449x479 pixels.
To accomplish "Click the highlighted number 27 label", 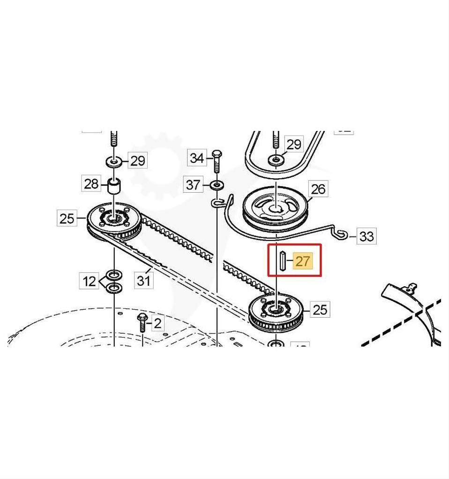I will click(x=303, y=261).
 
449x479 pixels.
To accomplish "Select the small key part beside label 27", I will click(x=283, y=261).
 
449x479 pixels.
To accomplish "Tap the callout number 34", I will click(x=197, y=158).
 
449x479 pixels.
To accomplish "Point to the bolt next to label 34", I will click(x=216, y=161).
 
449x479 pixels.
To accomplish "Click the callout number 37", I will click(x=193, y=185).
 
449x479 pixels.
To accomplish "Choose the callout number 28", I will click(x=91, y=183).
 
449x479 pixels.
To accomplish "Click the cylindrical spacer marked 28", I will click(x=114, y=186).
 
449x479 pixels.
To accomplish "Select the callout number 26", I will click(x=318, y=189).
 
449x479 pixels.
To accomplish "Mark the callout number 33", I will click(x=366, y=236).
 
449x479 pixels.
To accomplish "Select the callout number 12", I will click(x=89, y=282).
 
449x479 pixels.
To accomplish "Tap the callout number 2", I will click(x=157, y=323).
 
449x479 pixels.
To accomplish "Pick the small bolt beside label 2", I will click(x=142, y=322).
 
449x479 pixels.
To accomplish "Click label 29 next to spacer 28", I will click(x=137, y=161).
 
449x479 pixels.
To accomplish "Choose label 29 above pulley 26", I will click(x=293, y=144).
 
